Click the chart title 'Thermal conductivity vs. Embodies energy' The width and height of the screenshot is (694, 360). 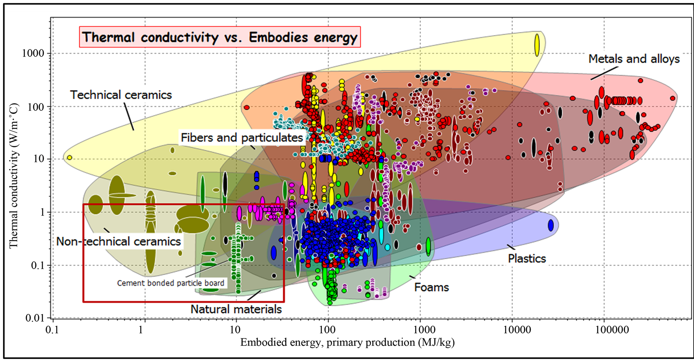click(x=220, y=37)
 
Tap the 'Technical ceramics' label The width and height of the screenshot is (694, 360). click(x=121, y=95)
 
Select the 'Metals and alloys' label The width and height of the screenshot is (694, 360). click(x=634, y=59)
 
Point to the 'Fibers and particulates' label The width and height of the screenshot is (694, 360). click(x=242, y=138)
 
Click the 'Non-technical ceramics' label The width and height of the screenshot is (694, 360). click(x=118, y=241)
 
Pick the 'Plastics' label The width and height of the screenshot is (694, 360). click(x=527, y=258)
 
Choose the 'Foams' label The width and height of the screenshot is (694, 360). click(x=432, y=287)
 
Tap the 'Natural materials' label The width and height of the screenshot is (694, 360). click(x=236, y=309)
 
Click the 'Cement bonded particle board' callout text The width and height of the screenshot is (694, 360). click(x=171, y=283)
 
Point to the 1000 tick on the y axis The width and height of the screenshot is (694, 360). click(x=33, y=53)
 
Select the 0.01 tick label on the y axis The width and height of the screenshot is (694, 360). click(x=35, y=318)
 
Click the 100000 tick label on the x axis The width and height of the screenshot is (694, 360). click(x=612, y=329)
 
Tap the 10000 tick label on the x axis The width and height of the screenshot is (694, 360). click(x=518, y=329)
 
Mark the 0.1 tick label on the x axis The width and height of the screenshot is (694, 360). click(x=52, y=329)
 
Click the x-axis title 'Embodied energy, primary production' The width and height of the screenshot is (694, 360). click(x=328, y=343)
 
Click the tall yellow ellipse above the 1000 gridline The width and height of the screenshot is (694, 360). click(x=537, y=45)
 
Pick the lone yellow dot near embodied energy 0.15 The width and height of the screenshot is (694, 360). click(x=69, y=158)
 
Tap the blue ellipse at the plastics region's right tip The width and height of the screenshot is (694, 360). click(x=551, y=225)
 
